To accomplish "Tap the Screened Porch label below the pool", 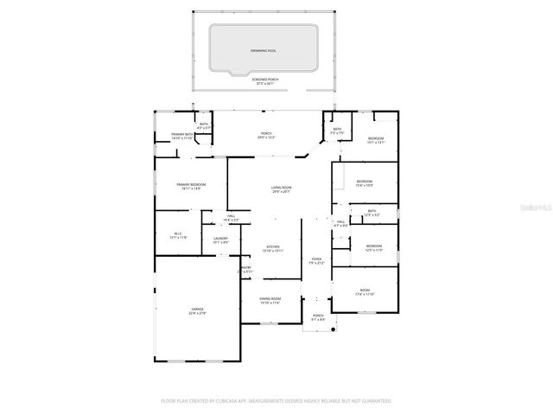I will point(265,81).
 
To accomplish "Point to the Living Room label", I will point(281,189).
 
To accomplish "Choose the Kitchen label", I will point(273,248).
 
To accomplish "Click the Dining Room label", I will point(270,301).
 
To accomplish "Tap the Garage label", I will point(198,311).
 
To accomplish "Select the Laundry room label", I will point(220,240).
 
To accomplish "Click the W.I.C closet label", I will point(180,235).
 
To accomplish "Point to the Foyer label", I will point(317,261).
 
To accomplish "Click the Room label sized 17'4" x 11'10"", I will point(365,292).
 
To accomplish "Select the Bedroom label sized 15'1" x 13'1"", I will point(376,141).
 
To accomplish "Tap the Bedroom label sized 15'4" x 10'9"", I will point(364,183).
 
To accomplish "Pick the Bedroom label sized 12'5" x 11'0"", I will point(373,248).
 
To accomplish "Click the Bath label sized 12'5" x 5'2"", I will point(372,213).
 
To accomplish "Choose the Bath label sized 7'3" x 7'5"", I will point(337,131).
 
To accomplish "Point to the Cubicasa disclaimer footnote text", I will point(276,400).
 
